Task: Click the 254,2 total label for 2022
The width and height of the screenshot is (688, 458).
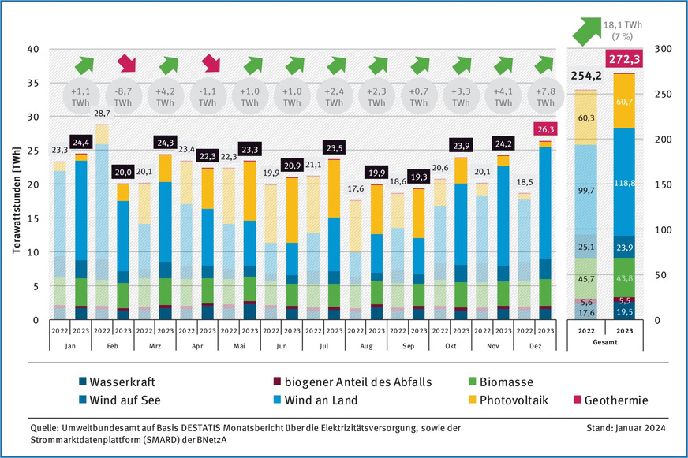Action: (585, 76)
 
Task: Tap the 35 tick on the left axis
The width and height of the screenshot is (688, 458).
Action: (33, 83)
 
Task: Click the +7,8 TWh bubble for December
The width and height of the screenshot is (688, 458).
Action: (545, 97)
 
